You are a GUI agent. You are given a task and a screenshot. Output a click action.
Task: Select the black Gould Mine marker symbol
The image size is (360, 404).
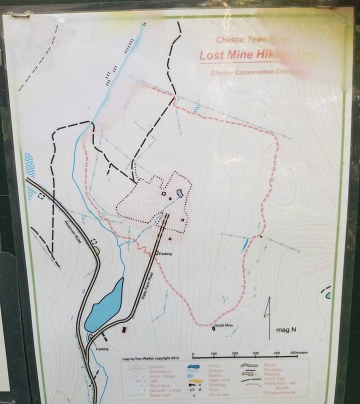(213, 328)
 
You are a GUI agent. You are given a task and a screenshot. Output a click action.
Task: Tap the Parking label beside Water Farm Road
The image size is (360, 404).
(165, 254)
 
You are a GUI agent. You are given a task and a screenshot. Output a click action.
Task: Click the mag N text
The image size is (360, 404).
(286, 330)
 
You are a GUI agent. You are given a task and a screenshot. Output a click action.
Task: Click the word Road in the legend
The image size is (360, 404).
(268, 365)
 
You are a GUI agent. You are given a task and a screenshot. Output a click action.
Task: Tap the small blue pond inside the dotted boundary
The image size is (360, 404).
(179, 193)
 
